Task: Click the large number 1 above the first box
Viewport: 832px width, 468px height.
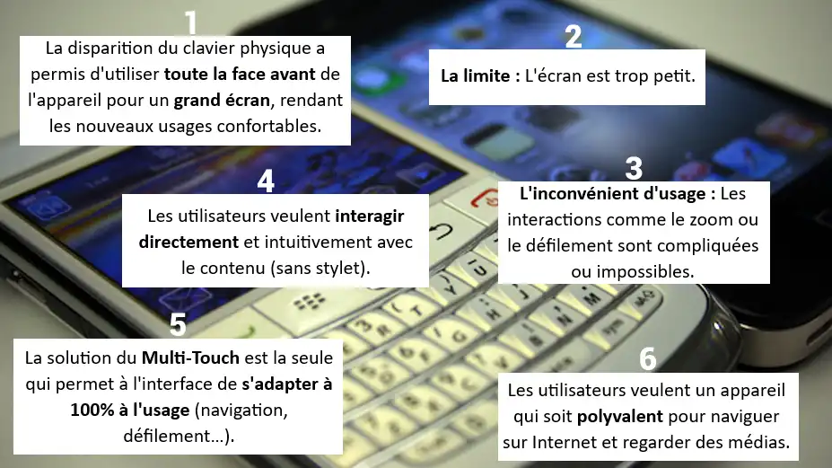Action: pos(191,24)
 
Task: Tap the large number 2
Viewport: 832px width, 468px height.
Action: pos(573,36)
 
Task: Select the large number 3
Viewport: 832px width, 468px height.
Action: pos(634,168)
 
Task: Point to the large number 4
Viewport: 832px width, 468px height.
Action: pos(266,181)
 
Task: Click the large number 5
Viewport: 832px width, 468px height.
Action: pos(178,324)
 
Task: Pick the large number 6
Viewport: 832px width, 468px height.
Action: pos(648,358)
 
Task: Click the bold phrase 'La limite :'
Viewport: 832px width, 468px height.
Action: pos(480,76)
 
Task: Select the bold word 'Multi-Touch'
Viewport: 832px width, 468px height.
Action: pos(190,358)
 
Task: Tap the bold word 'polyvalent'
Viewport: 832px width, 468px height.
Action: pos(620,417)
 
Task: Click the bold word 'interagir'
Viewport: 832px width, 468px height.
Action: pos(369,216)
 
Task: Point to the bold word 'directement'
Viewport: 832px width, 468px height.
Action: pos(188,243)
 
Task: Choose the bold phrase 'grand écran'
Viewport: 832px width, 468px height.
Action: pos(222,101)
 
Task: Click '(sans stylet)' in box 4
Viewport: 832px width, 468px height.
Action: pos(320,269)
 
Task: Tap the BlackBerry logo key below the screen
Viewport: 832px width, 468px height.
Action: pos(310,302)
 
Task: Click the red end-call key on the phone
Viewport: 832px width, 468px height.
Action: pos(484,199)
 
